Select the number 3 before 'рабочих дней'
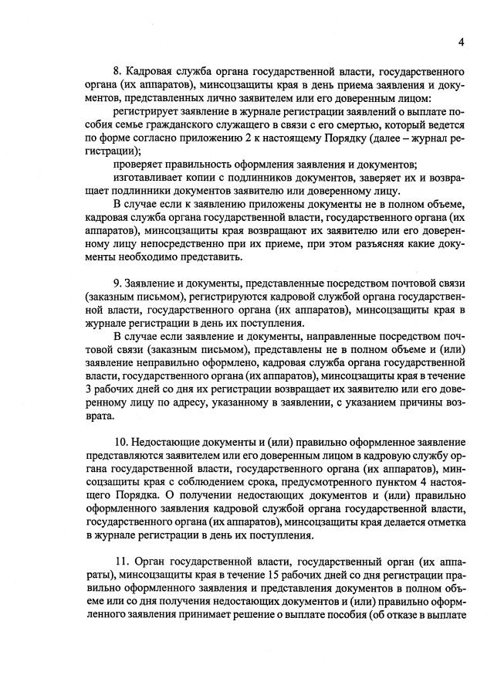click(x=89, y=390)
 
